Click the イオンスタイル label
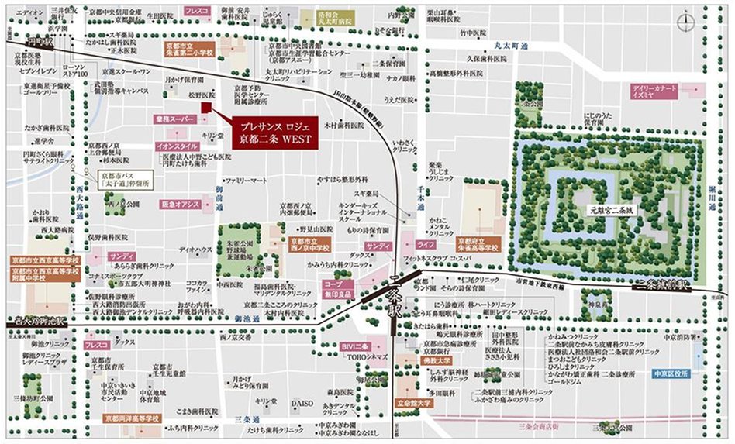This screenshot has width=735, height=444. [178, 146]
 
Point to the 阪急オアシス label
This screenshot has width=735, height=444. [180, 203]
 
